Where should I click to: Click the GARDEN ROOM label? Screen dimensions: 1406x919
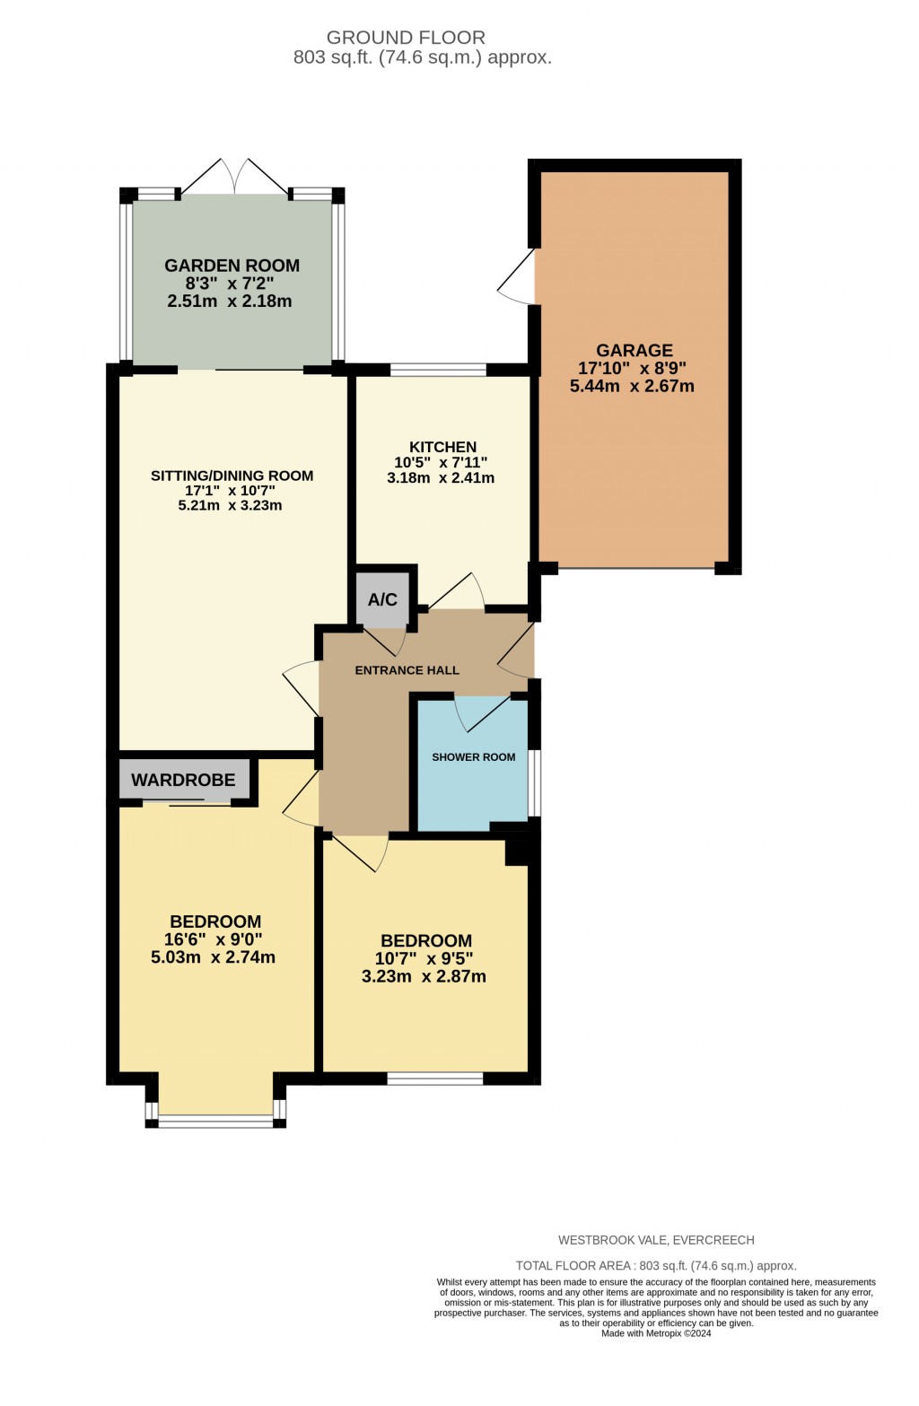232,266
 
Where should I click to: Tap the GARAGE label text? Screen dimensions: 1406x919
635,350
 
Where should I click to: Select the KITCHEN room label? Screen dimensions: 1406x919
442,447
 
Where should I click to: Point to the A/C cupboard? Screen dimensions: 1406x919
382,599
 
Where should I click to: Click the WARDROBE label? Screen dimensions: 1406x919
183,780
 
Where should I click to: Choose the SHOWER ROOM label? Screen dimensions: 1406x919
474,757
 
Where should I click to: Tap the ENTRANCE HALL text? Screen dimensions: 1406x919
407,670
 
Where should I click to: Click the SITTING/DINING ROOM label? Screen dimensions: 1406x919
232,476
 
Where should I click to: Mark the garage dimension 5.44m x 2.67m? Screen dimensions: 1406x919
632,387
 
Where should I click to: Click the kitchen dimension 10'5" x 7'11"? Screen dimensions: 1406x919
441,463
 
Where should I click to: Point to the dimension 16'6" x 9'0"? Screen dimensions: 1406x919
214,939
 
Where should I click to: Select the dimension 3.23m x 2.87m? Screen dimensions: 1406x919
424,976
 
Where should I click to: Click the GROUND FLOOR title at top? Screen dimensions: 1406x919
406,38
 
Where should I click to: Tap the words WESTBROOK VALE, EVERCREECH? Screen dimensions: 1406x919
656,1240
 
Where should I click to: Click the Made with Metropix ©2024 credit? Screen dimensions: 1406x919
656,1333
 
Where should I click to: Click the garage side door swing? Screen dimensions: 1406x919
518,278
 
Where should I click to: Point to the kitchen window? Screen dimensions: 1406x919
438,370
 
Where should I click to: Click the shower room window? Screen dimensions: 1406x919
535,782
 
